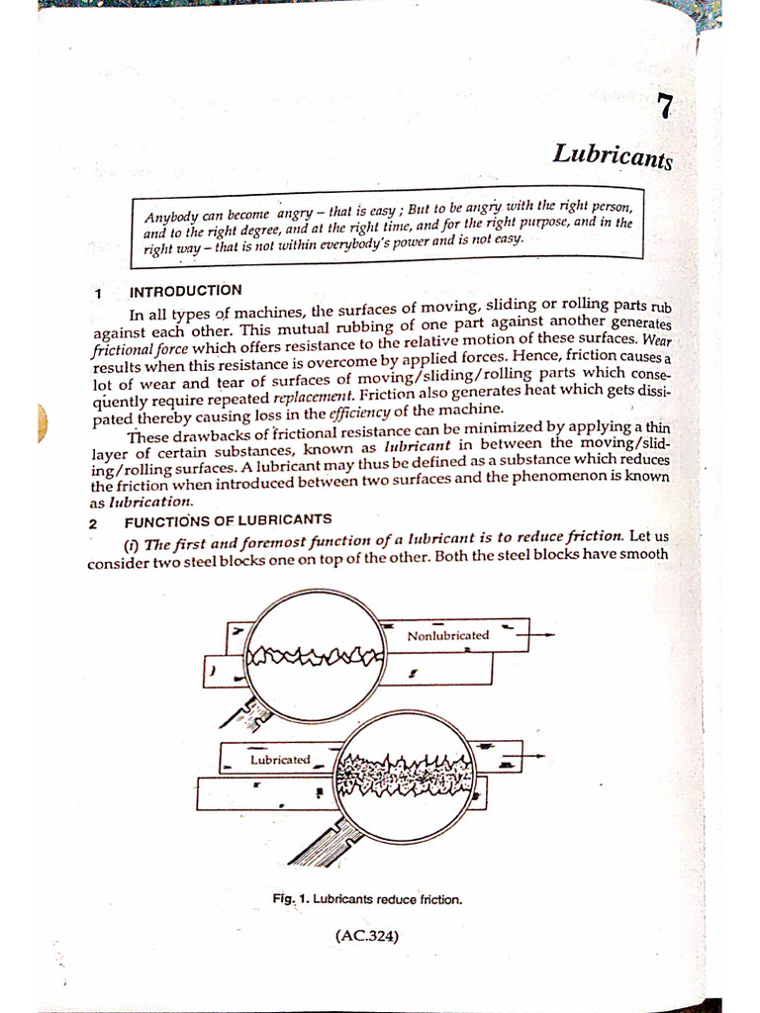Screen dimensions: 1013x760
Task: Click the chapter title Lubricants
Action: click(x=613, y=156)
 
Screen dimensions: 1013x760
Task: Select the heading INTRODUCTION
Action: click(x=185, y=291)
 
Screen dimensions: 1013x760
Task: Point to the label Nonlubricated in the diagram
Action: click(x=448, y=635)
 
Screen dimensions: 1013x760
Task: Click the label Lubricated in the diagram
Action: click(x=280, y=760)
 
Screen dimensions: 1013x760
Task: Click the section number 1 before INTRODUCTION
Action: click(x=98, y=294)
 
